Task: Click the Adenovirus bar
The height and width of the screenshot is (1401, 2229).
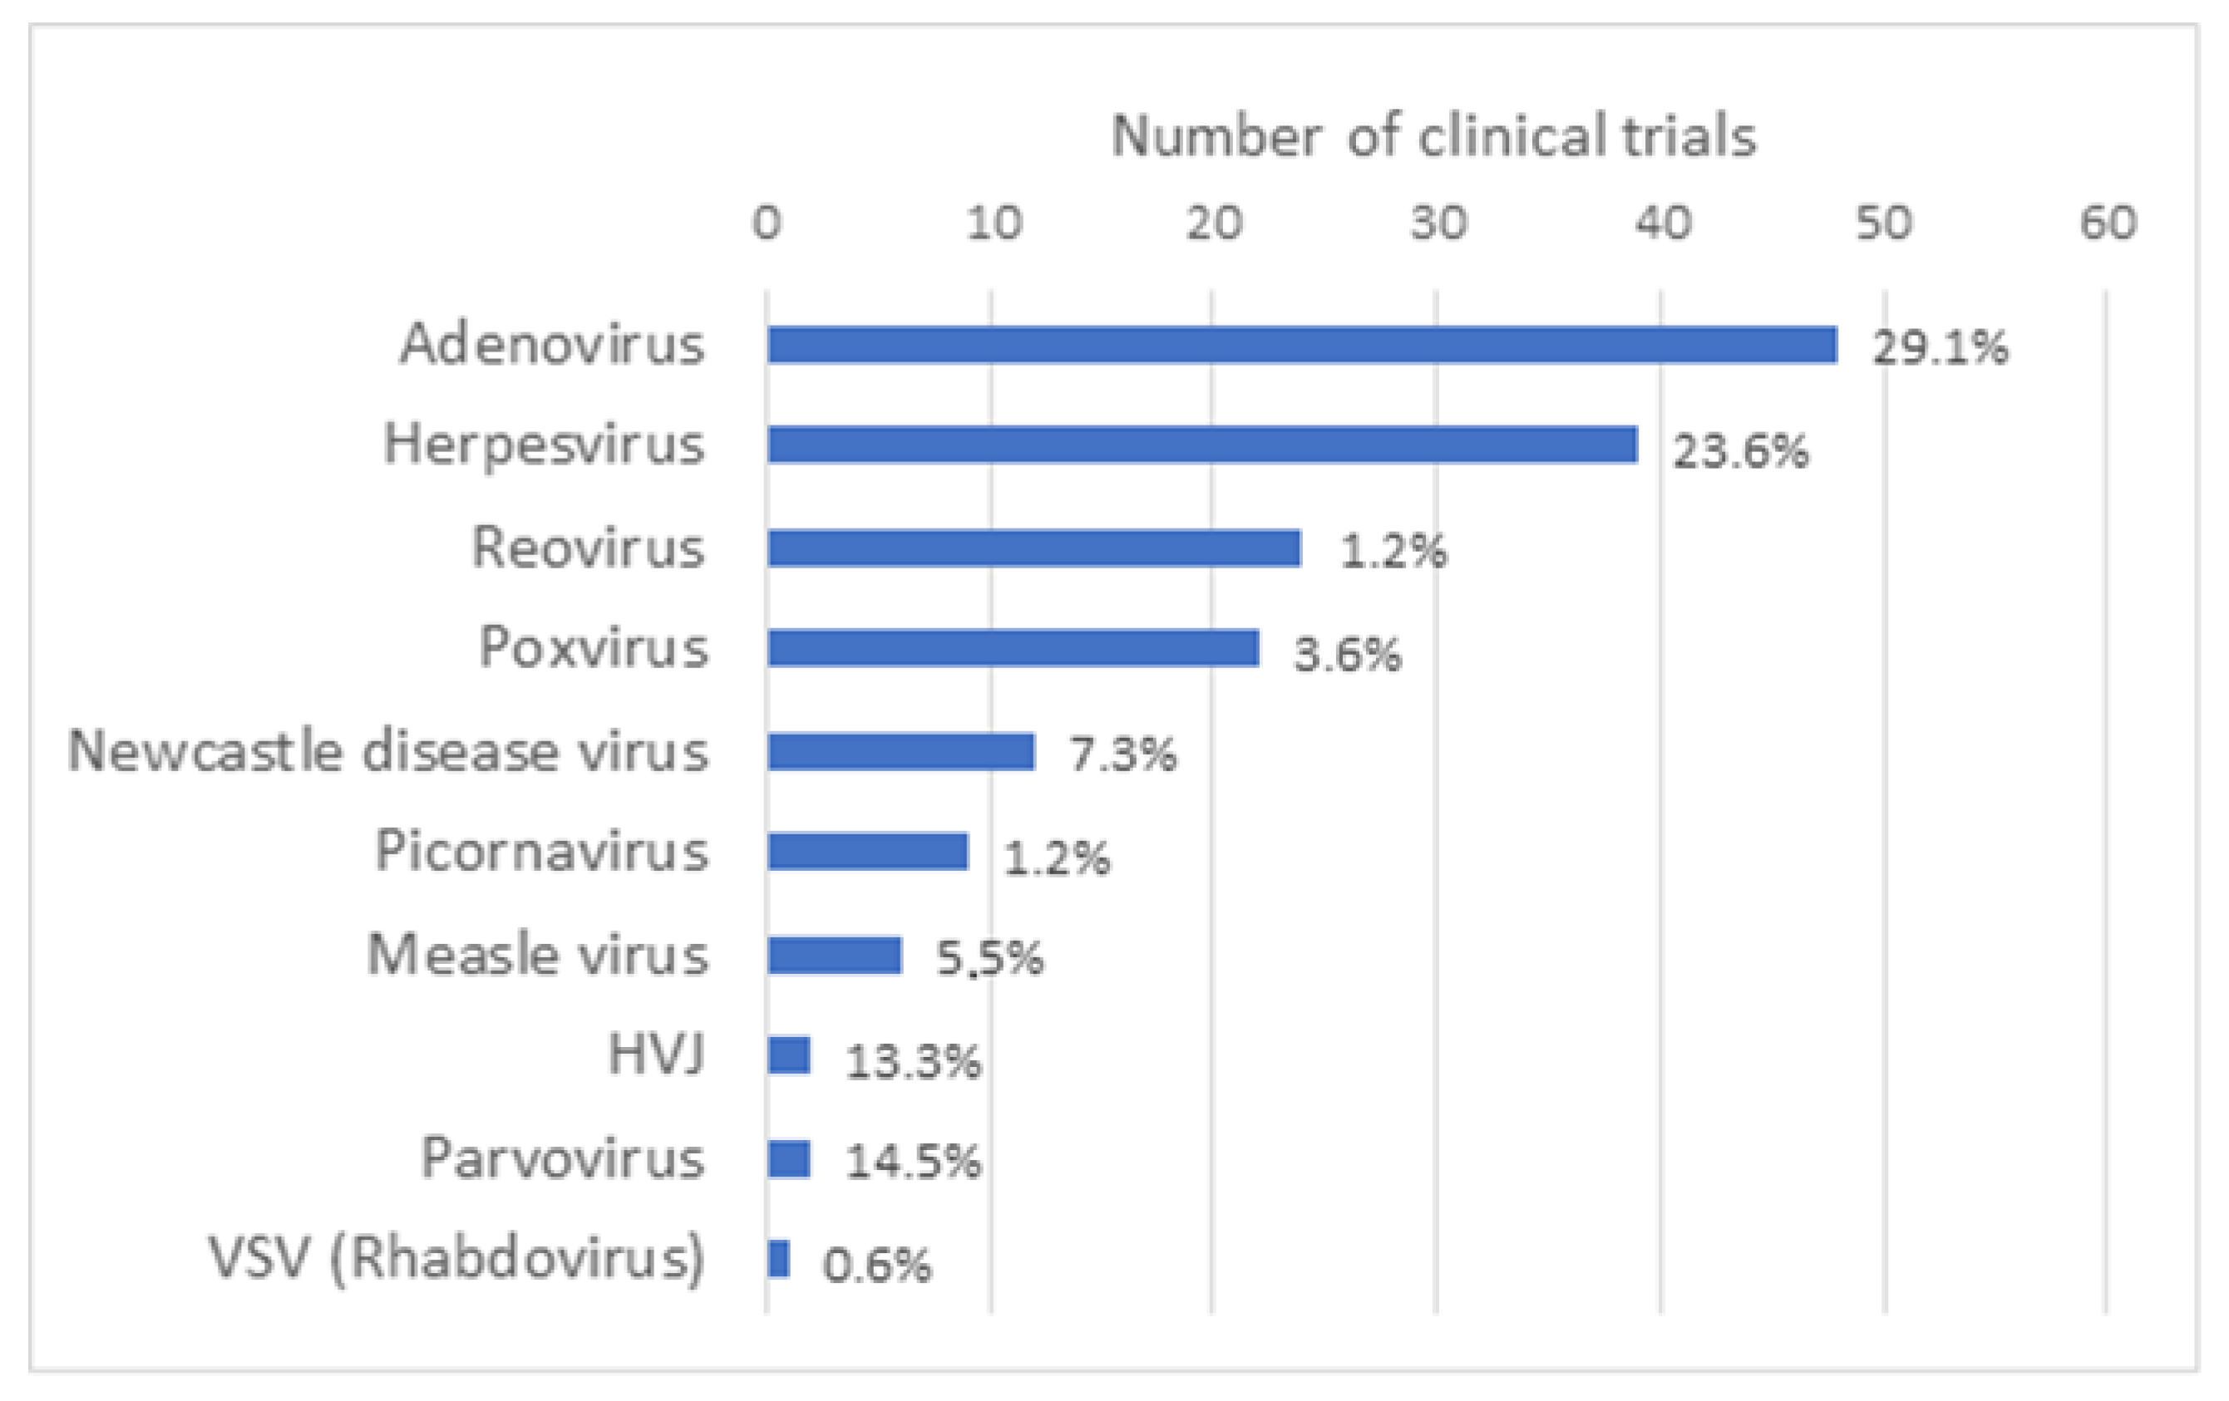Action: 1300,345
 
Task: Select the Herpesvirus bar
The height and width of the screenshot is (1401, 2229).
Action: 1201,445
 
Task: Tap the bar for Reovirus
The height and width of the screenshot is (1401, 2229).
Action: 1033,548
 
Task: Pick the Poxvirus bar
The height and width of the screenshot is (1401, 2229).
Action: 1013,648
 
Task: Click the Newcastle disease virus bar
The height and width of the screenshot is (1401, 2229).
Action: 900,751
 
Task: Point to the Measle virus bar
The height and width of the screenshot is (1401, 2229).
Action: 833,956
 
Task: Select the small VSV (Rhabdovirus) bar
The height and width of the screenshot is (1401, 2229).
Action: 778,1259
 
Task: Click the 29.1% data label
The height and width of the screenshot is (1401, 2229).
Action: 1940,349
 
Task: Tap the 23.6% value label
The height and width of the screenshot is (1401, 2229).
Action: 1739,451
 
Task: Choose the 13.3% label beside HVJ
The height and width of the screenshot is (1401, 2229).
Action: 913,1060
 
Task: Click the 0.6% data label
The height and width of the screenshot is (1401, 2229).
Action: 875,1265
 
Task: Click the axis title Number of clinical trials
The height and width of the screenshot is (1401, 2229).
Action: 1433,136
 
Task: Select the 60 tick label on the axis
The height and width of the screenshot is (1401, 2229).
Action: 2108,223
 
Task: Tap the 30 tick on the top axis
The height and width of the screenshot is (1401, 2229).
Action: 1438,223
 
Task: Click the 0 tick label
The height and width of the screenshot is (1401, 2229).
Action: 767,223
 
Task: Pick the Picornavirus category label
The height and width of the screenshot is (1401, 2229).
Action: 541,852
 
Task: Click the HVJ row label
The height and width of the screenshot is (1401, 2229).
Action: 656,1054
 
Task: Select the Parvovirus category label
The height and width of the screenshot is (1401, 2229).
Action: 563,1157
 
